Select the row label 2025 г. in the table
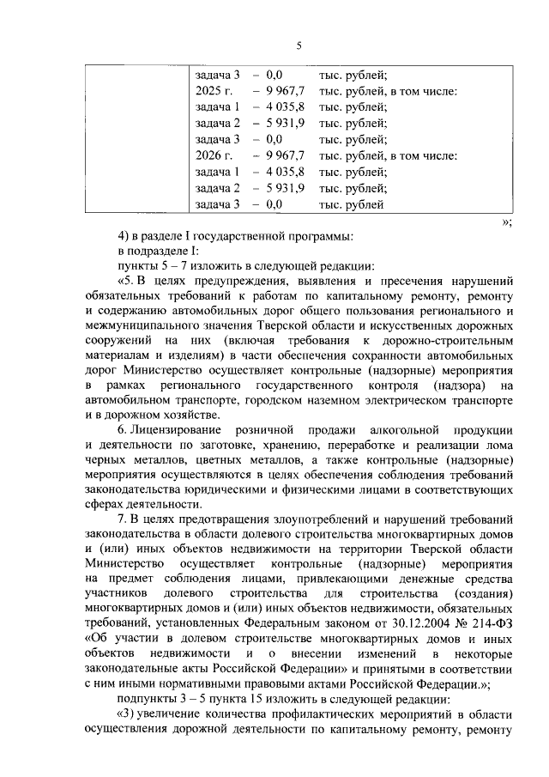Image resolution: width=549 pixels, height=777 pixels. [x=213, y=91]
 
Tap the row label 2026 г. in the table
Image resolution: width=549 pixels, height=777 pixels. [x=213, y=156]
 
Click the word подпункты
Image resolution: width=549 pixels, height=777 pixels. [x=145, y=701]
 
